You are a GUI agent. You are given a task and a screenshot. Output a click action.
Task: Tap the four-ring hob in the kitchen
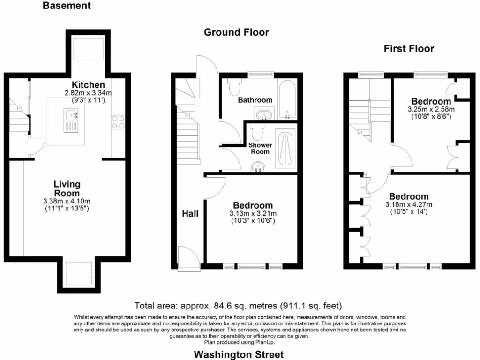pos(118,122)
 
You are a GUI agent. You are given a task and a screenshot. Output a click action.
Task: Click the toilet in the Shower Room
pos(256,129)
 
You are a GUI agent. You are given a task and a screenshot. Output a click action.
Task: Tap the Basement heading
pos(67,6)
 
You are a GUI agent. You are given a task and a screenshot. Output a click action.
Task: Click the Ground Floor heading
pos(236,32)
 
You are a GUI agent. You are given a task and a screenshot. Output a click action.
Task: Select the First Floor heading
pos(409,48)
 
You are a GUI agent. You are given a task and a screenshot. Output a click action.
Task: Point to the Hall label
pos(190,214)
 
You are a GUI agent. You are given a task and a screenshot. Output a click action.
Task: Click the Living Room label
pos(67,188)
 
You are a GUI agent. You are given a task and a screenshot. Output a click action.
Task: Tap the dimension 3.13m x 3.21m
pos(253,214)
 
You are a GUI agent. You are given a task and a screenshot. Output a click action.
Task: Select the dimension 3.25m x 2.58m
pos(431,109)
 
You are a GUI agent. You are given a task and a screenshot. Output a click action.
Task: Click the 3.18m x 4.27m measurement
pos(408,204)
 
